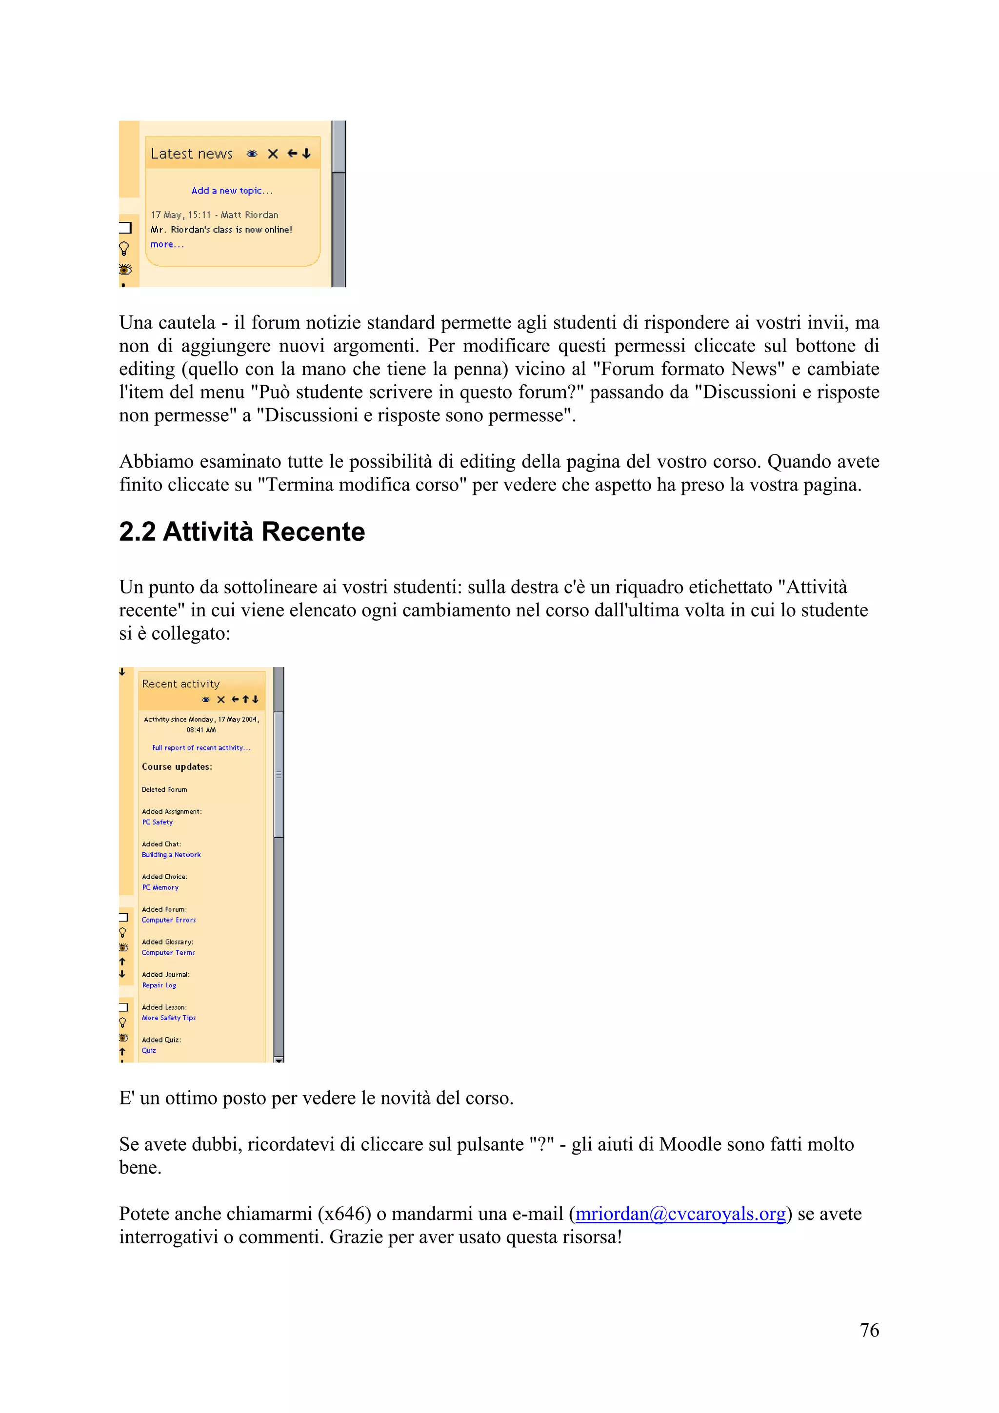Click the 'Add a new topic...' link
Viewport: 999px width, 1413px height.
[231, 191]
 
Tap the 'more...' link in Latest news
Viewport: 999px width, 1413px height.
[167, 244]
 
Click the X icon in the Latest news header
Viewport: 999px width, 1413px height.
[273, 154]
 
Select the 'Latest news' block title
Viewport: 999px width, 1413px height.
[191, 154]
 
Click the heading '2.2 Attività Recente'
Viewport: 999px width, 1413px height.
[242, 532]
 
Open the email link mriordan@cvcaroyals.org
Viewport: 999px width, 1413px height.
[680, 1214]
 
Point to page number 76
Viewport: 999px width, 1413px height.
[869, 1330]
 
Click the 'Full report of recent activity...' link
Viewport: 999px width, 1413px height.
[201, 748]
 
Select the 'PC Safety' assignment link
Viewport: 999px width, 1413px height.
[158, 822]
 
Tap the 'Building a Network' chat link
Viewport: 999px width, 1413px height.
[171, 855]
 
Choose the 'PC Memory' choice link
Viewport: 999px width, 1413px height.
[160, 887]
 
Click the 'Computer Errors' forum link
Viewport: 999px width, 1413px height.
[169, 920]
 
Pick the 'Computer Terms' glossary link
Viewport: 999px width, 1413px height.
[168, 953]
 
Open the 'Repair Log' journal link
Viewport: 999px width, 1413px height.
[159, 985]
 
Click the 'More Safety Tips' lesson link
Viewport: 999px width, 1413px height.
[169, 1018]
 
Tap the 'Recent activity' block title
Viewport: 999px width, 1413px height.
[180, 684]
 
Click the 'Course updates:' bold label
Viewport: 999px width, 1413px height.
[177, 767]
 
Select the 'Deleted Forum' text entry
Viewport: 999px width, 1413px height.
[164, 789]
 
